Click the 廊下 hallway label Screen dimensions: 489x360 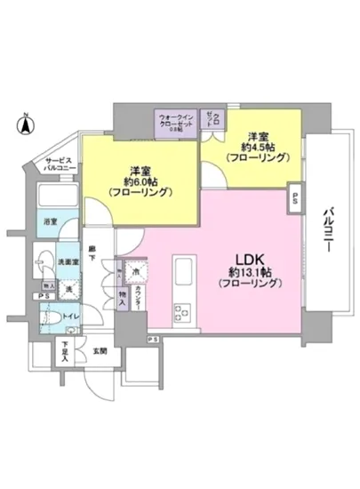point(92,253)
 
